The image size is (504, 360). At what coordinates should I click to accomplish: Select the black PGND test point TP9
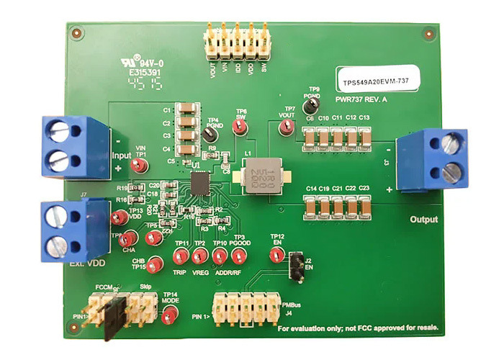[312, 107]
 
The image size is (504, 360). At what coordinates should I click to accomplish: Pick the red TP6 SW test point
[240, 127]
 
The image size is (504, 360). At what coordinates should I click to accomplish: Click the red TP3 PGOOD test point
[238, 256]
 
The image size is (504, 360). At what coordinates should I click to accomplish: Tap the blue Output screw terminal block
[431, 160]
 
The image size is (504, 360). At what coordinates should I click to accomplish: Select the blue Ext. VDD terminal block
[73, 229]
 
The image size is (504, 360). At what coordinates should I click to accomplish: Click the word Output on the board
[423, 219]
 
